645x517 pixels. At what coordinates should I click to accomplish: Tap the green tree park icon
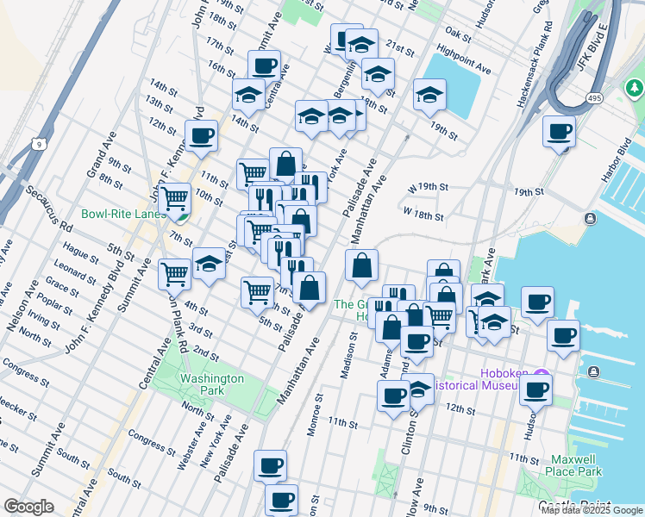tap(634, 88)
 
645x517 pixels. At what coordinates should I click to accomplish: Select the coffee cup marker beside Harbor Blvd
tap(559, 132)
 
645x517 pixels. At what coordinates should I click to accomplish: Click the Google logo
tap(28, 507)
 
